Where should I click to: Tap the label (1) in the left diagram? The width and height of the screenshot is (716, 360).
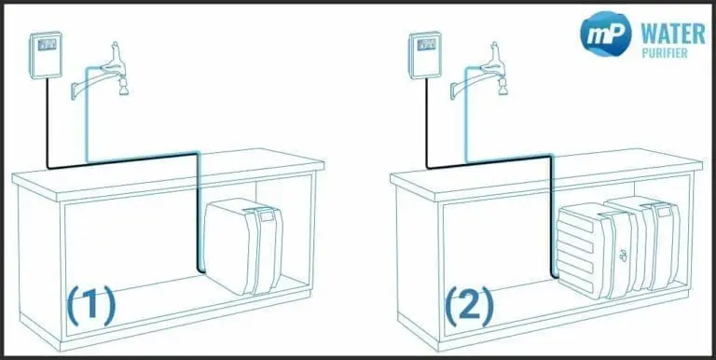(90, 305)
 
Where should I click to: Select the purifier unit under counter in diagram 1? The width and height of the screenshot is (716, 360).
(241, 246)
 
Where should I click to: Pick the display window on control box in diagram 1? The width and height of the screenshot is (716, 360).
(46, 42)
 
